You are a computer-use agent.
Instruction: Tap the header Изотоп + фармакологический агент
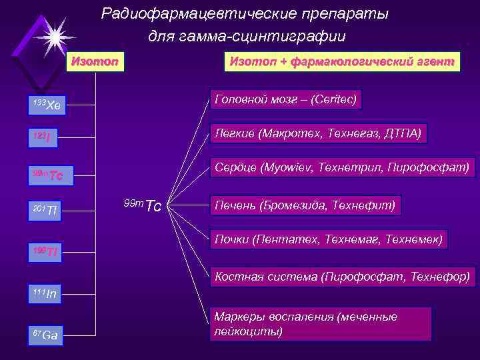coord(342,61)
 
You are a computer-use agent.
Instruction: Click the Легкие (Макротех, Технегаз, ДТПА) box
coord(317,133)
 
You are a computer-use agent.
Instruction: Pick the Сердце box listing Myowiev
coord(343,167)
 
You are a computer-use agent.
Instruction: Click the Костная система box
coord(342,275)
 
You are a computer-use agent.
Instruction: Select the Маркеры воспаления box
coord(321,323)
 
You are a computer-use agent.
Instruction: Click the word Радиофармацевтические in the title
coord(178,13)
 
